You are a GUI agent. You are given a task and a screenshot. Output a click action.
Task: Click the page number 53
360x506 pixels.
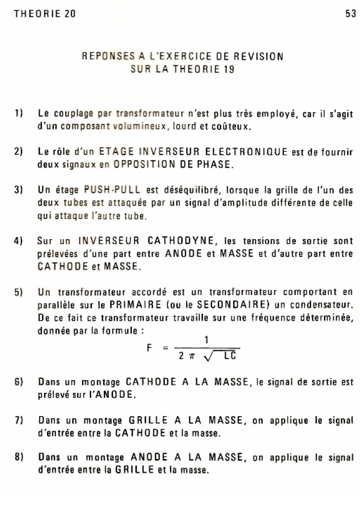click(x=350, y=14)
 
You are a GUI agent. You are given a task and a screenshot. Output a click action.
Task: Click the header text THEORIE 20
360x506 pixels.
click(x=45, y=14)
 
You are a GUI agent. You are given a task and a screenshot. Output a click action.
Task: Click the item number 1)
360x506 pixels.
click(x=19, y=114)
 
